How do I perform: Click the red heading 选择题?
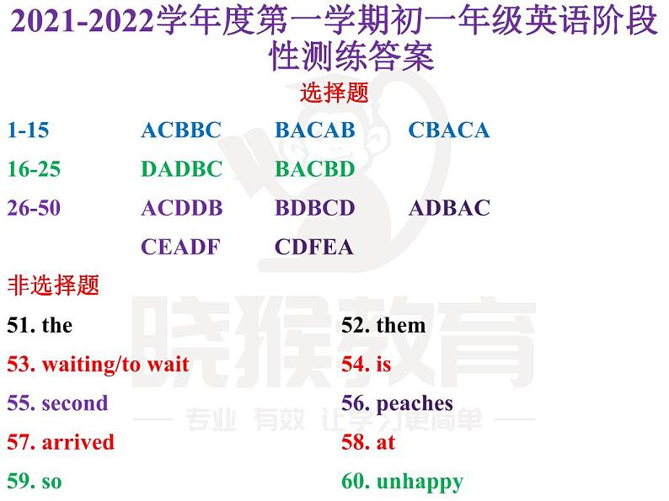[x=334, y=93]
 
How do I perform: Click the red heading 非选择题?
[x=53, y=285]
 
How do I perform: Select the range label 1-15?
[x=28, y=131]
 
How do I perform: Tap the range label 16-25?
[x=34, y=169]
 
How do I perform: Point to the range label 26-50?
[x=34, y=208]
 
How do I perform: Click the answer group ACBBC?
[x=181, y=131]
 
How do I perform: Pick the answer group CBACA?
[x=448, y=131]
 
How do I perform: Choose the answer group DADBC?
[x=181, y=169]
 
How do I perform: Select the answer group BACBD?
[x=315, y=169]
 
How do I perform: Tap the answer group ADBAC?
[x=449, y=208]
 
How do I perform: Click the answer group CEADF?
[x=180, y=247]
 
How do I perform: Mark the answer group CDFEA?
[x=314, y=247]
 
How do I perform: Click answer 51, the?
[x=40, y=325]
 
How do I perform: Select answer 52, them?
[x=383, y=325]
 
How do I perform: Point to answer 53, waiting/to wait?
[x=98, y=365]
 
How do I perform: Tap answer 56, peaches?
[x=397, y=404]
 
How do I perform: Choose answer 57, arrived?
[x=61, y=442]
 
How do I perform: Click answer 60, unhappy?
[x=402, y=482]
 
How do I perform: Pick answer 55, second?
[x=57, y=403]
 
